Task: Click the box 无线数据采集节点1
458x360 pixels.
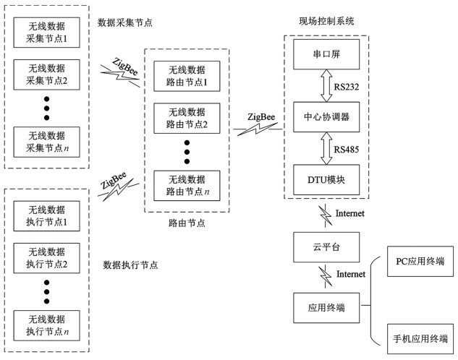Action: point(47,30)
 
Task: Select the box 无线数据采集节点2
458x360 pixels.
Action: point(47,74)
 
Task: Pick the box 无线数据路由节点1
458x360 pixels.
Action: point(186,77)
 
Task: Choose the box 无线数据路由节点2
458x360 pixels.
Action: point(186,119)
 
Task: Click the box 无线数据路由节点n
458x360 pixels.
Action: point(186,186)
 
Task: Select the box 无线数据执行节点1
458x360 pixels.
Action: point(47,215)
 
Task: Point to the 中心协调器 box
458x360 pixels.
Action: point(326,117)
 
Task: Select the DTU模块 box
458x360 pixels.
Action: point(326,179)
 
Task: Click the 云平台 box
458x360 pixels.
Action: point(326,247)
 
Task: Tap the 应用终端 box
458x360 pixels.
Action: point(326,308)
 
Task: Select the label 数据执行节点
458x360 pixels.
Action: point(131,265)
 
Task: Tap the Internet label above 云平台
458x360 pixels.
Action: point(350,213)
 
